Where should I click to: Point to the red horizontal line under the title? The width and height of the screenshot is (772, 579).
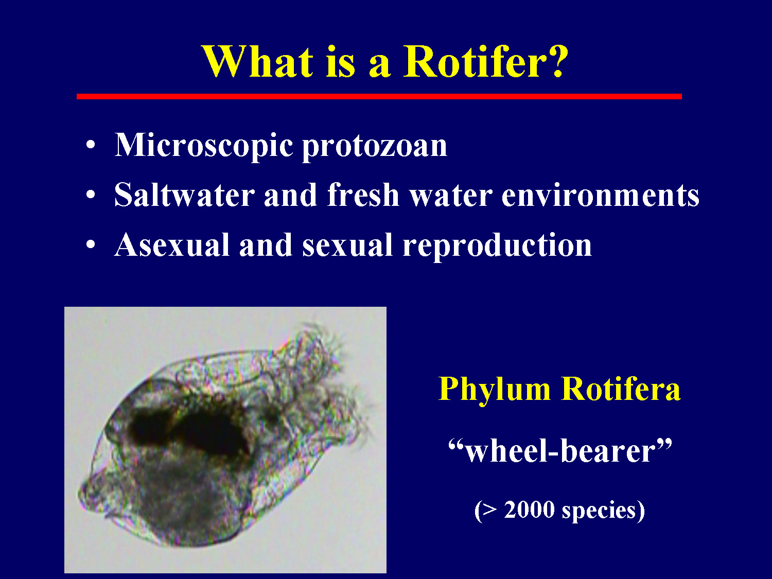(379, 96)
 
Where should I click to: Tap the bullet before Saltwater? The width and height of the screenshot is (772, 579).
(91, 195)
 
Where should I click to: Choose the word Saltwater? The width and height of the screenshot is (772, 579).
(184, 196)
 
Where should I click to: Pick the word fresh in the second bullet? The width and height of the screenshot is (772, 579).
(363, 196)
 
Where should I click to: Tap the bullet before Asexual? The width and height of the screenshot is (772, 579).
(91, 245)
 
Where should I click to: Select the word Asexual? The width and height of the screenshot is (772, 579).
(171, 245)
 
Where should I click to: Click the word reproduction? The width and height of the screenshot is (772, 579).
(497, 245)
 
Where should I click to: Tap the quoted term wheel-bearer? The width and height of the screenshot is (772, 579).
(560, 451)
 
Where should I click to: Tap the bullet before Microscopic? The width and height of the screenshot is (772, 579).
(91, 146)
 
